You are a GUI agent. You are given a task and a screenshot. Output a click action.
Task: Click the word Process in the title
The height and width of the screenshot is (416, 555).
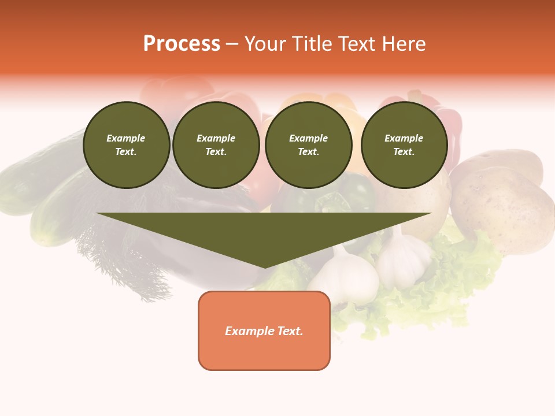tap(182, 44)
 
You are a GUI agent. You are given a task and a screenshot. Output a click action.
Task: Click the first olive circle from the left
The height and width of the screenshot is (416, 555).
tap(126, 145)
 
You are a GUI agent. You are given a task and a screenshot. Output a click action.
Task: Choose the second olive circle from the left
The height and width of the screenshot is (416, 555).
tap(216, 145)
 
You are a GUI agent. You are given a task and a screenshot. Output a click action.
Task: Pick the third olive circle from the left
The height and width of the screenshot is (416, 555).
tap(308, 145)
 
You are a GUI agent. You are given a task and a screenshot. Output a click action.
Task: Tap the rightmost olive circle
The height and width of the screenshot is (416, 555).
tap(404, 145)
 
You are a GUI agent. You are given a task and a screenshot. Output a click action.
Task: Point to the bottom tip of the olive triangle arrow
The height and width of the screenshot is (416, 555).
tap(265, 266)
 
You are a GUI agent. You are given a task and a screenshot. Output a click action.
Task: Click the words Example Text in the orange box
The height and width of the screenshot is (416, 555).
tap(264, 331)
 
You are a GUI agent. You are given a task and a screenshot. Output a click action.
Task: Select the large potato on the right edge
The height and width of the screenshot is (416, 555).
tap(503, 208)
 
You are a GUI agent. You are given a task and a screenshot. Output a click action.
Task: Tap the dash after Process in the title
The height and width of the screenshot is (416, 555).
tap(232, 44)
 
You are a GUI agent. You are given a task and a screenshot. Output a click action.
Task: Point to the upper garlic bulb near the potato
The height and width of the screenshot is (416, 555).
tap(405, 254)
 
